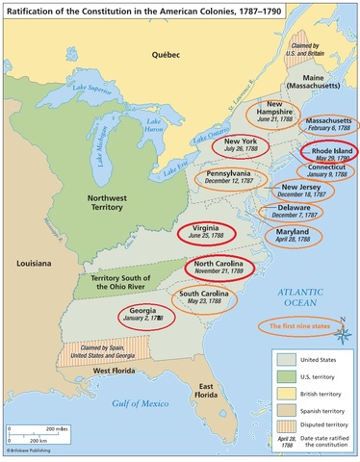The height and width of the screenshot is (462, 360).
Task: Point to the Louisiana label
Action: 26,262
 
